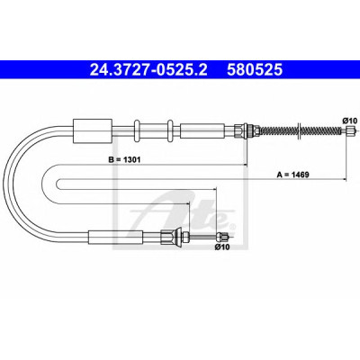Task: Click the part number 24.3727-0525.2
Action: pyautogui.click(x=148, y=69)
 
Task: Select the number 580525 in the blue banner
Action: pyautogui.click(x=255, y=69)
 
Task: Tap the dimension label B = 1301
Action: pyautogui.click(x=124, y=160)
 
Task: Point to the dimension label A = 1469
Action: pyautogui.click(x=292, y=175)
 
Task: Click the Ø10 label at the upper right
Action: pyautogui.click(x=349, y=121)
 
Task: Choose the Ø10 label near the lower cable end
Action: pyautogui.click(x=222, y=247)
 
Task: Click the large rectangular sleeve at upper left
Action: pyautogui.click(x=93, y=130)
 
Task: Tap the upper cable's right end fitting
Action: pyautogui.click(x=350, y=130)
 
